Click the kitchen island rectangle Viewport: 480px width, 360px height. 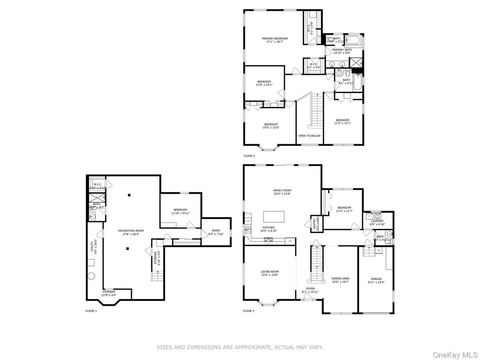[x=274, y=217]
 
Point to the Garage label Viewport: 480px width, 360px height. [x=376, y=280]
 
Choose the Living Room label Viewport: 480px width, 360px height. [x=270, y=273]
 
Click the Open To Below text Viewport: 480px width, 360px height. [x=309, y=135]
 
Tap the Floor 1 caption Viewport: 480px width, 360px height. [x=91, y=311]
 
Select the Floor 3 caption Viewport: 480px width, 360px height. [x=249, y=156]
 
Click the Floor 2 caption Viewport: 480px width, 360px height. [x=249, y=311]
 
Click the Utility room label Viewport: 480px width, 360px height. [x=94, y=246]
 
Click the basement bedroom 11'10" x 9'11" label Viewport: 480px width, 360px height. [x=180, y=211]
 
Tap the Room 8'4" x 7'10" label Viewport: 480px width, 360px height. [x=215, y=232]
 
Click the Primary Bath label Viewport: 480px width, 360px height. [x=342, y=51]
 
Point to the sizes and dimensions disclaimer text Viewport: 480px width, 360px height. [x=240, y=347]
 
